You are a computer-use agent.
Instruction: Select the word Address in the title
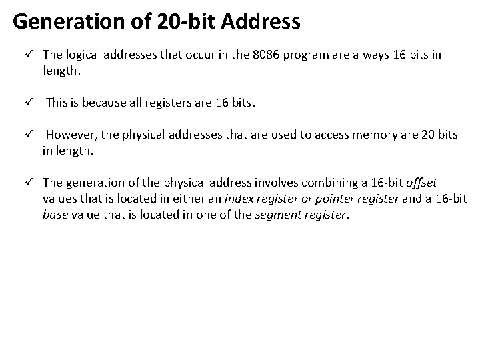[x=261, y=22]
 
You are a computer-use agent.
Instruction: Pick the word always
[x=367, y=55]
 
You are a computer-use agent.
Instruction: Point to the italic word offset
[x=421, y=183]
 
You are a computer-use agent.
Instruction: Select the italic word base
[x=55, y=215]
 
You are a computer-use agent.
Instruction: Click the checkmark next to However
[x=29, y=135]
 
